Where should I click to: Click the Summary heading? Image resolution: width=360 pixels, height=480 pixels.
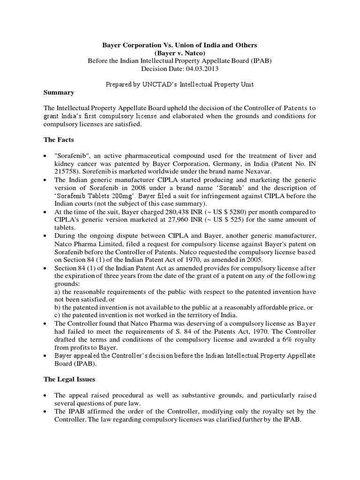tap(59, 93)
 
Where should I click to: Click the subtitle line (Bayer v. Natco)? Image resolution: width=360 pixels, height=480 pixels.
tap(180, 52)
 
